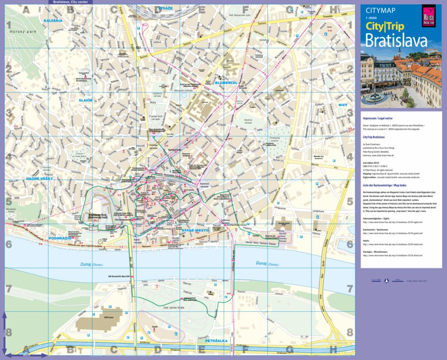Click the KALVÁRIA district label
click(x=53, y=20)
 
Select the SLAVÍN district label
click(x=85, y=100)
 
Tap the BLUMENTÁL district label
click(x=226, y=83)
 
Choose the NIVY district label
click(x=343, y=105)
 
